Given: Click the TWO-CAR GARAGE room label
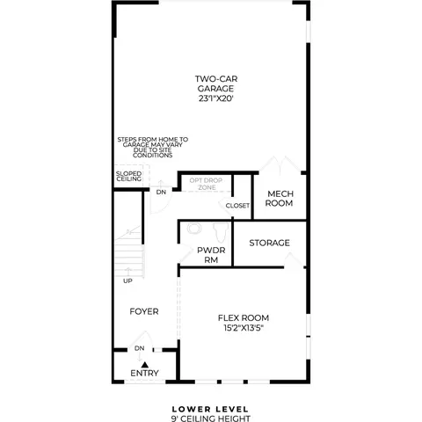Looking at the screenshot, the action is pyautogui.click(x=216, y=84).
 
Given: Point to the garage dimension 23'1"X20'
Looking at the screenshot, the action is pyautogui.click(x=216, y=98).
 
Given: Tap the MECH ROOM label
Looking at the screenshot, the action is pyautogui.click(x=279, y=199).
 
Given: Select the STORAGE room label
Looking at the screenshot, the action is pyautogui.click(x=269, y=243).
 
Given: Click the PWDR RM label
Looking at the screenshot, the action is pyautogui.click(x=211, y=255).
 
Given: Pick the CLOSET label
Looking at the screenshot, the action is pyautogui.click(x=237, y=206).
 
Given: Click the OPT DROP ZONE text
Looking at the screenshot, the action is pyautogui.click(x=206, y=184).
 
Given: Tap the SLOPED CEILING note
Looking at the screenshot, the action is pyautogui.click(x=128, y=176).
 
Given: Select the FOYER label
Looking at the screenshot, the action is pyautogui.click(x=144, y=311).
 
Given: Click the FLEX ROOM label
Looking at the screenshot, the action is pyautogui.click(x=244, y=317).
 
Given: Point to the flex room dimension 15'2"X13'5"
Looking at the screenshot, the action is pyautogui.click(x=243, y=328).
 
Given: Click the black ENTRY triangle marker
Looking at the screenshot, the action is pyautogui.click(x=145, y=365).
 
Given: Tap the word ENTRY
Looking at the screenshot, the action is pyautogui.click(x=144, y=373).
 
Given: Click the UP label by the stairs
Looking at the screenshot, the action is pyautogui.click(x=127, y=280).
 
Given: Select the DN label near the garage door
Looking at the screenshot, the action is pyautogui.click(x=161, y=193).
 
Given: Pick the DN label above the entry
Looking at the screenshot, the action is pyautogui.click(x=139, y=348).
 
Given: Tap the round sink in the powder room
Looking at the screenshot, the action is pyautogui.click(x=194, y=229).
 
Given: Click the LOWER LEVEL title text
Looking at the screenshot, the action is pyautogui.click(x=210, y=409).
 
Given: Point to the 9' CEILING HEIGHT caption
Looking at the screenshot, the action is pyautogui.click(x=211, y=418).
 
